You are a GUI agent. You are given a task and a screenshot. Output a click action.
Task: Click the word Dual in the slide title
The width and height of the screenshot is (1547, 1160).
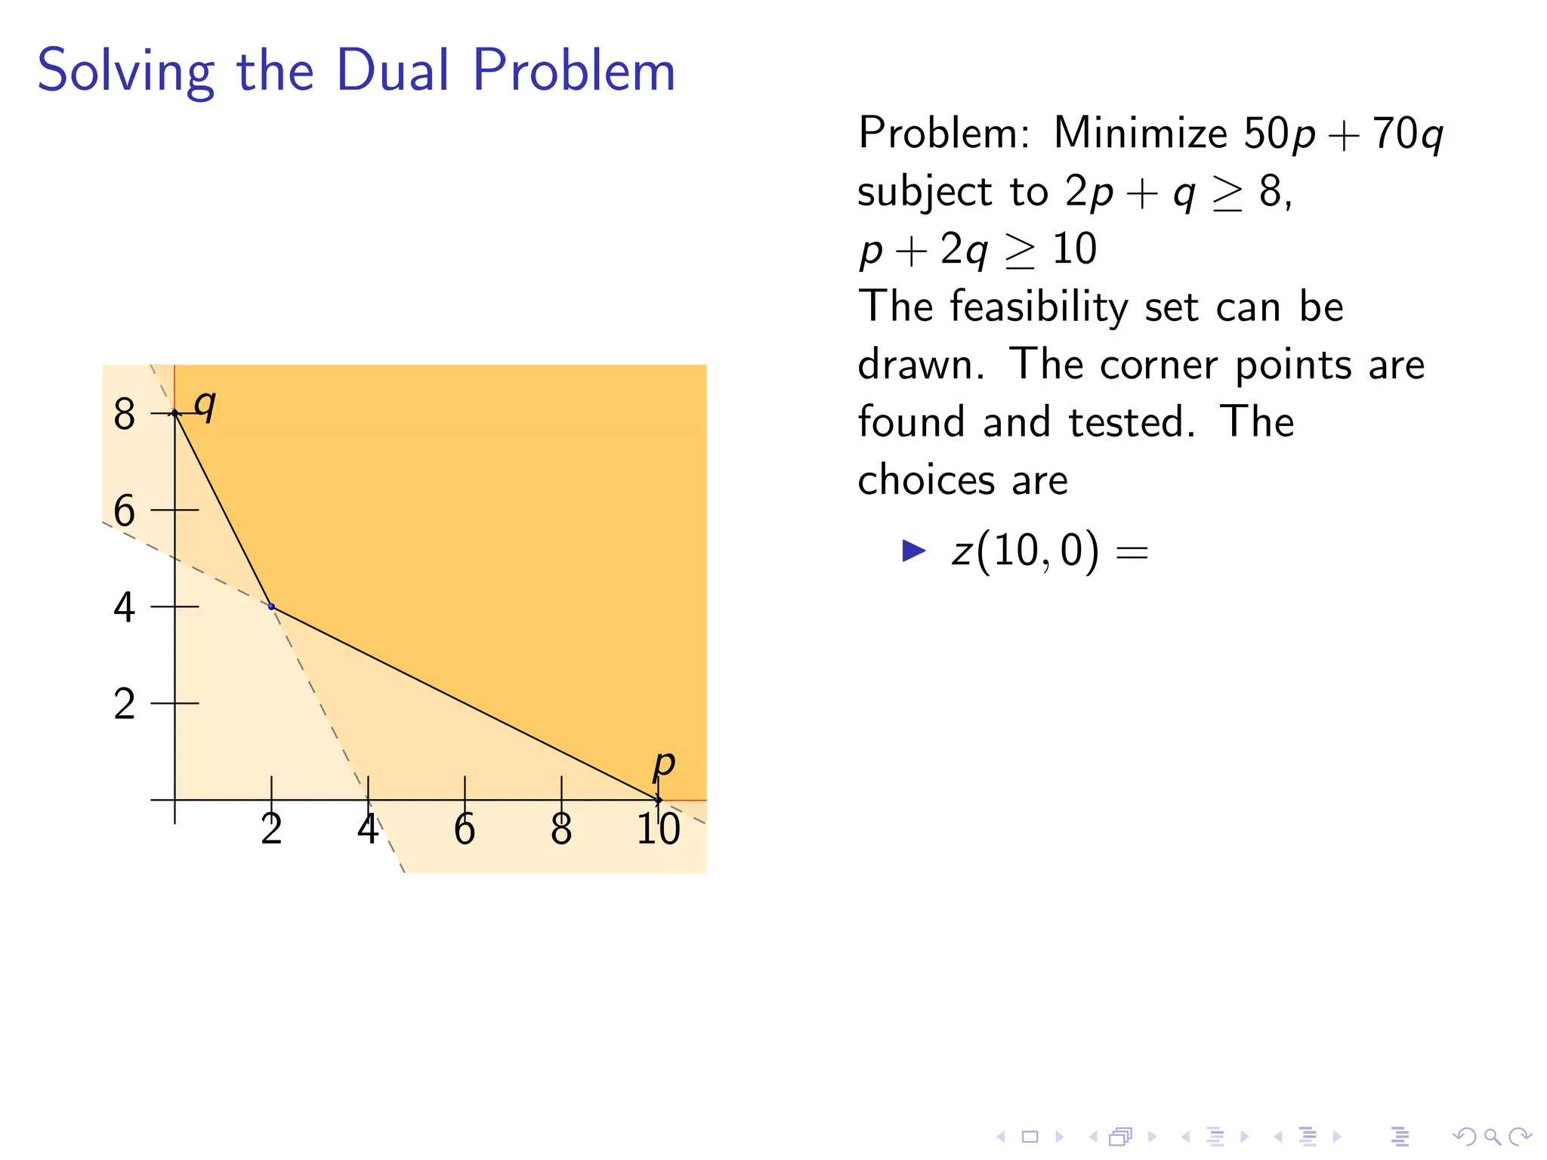393,70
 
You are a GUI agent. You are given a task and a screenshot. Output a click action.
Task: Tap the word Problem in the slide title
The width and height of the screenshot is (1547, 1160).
574,70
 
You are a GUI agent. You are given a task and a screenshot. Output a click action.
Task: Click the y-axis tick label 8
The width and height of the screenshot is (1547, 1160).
125,415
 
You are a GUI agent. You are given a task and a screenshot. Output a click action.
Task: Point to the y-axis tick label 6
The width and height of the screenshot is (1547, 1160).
125,511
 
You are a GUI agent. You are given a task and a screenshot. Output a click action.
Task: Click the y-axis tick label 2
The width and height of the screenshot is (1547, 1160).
125,705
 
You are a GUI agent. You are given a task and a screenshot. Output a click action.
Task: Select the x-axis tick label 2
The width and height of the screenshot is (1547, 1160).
271,830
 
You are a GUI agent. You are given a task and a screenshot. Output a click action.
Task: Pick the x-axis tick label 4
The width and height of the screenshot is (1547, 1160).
368,830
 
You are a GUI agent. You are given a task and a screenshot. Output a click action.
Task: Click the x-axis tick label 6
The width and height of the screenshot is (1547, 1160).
465,830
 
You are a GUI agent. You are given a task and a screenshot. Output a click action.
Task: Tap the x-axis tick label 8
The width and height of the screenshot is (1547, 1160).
561,830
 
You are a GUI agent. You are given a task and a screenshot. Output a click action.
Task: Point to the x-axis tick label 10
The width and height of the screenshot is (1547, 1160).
658,830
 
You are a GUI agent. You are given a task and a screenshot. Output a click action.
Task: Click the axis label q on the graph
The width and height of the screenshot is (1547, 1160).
205,406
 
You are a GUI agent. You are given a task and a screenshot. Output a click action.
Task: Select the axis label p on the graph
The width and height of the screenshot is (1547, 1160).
663,764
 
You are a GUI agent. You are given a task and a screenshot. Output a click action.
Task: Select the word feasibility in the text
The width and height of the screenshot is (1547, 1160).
1039,308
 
